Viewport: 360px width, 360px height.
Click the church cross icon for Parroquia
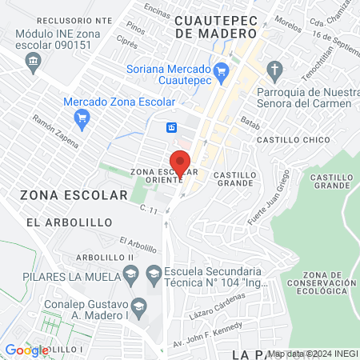(x=276, y=69)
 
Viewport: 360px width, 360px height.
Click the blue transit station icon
(x=171, y=128)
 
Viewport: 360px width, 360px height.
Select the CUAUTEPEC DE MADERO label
(x=217, y=26)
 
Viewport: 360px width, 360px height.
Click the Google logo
(x=26, y=350)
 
